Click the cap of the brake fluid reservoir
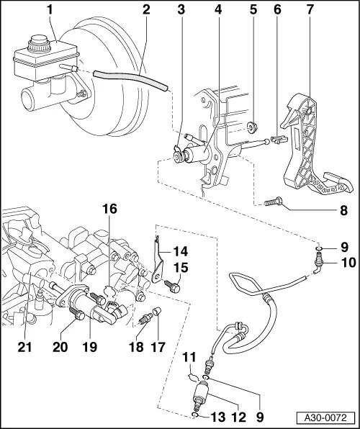pos(35,46)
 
